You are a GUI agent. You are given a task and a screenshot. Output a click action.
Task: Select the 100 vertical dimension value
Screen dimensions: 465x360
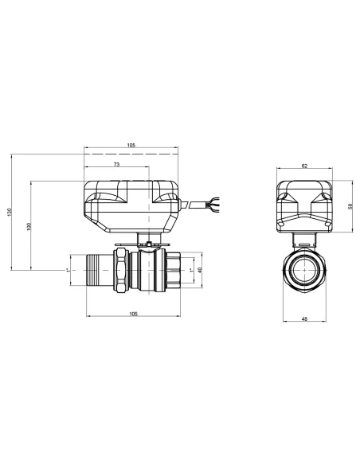pos(28,226)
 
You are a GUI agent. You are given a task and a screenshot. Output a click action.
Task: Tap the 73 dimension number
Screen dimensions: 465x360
pos(116,164)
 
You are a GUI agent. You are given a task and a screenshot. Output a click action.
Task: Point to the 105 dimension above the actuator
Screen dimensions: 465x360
pos(131,146)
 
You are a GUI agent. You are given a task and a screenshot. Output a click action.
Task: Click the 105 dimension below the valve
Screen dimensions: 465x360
pos(133,315)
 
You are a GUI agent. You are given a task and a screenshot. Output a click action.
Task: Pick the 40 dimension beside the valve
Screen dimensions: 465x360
pos(200,270)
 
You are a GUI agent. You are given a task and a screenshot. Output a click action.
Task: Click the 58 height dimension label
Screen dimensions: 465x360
pos(350,205)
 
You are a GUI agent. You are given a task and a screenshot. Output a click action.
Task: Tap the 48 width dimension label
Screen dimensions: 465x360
pos(305,320)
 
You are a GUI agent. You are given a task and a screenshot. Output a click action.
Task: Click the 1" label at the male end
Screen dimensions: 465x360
pos(68,270)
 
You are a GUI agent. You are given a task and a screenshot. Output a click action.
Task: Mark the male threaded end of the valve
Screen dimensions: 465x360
pos(98,270)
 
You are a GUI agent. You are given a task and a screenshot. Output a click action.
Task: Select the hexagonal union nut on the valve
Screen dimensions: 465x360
pos(121,271)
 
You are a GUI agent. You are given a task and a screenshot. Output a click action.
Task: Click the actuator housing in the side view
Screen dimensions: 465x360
pos(131,205)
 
